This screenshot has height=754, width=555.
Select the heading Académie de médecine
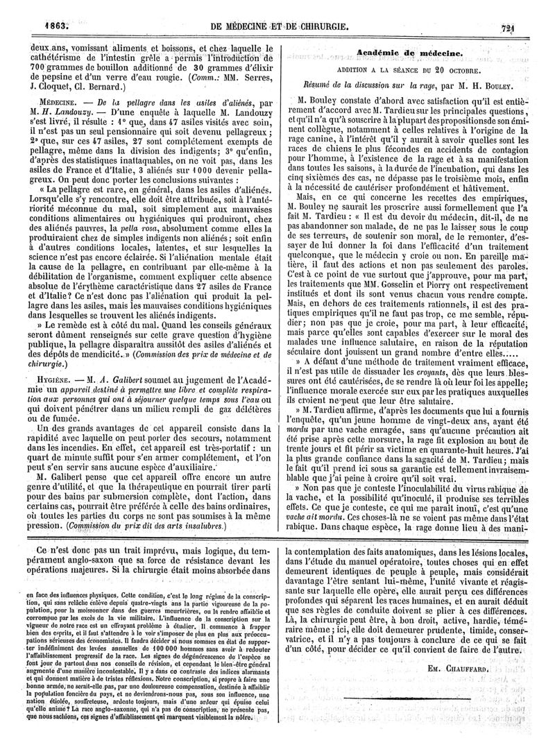pos(409,52)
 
